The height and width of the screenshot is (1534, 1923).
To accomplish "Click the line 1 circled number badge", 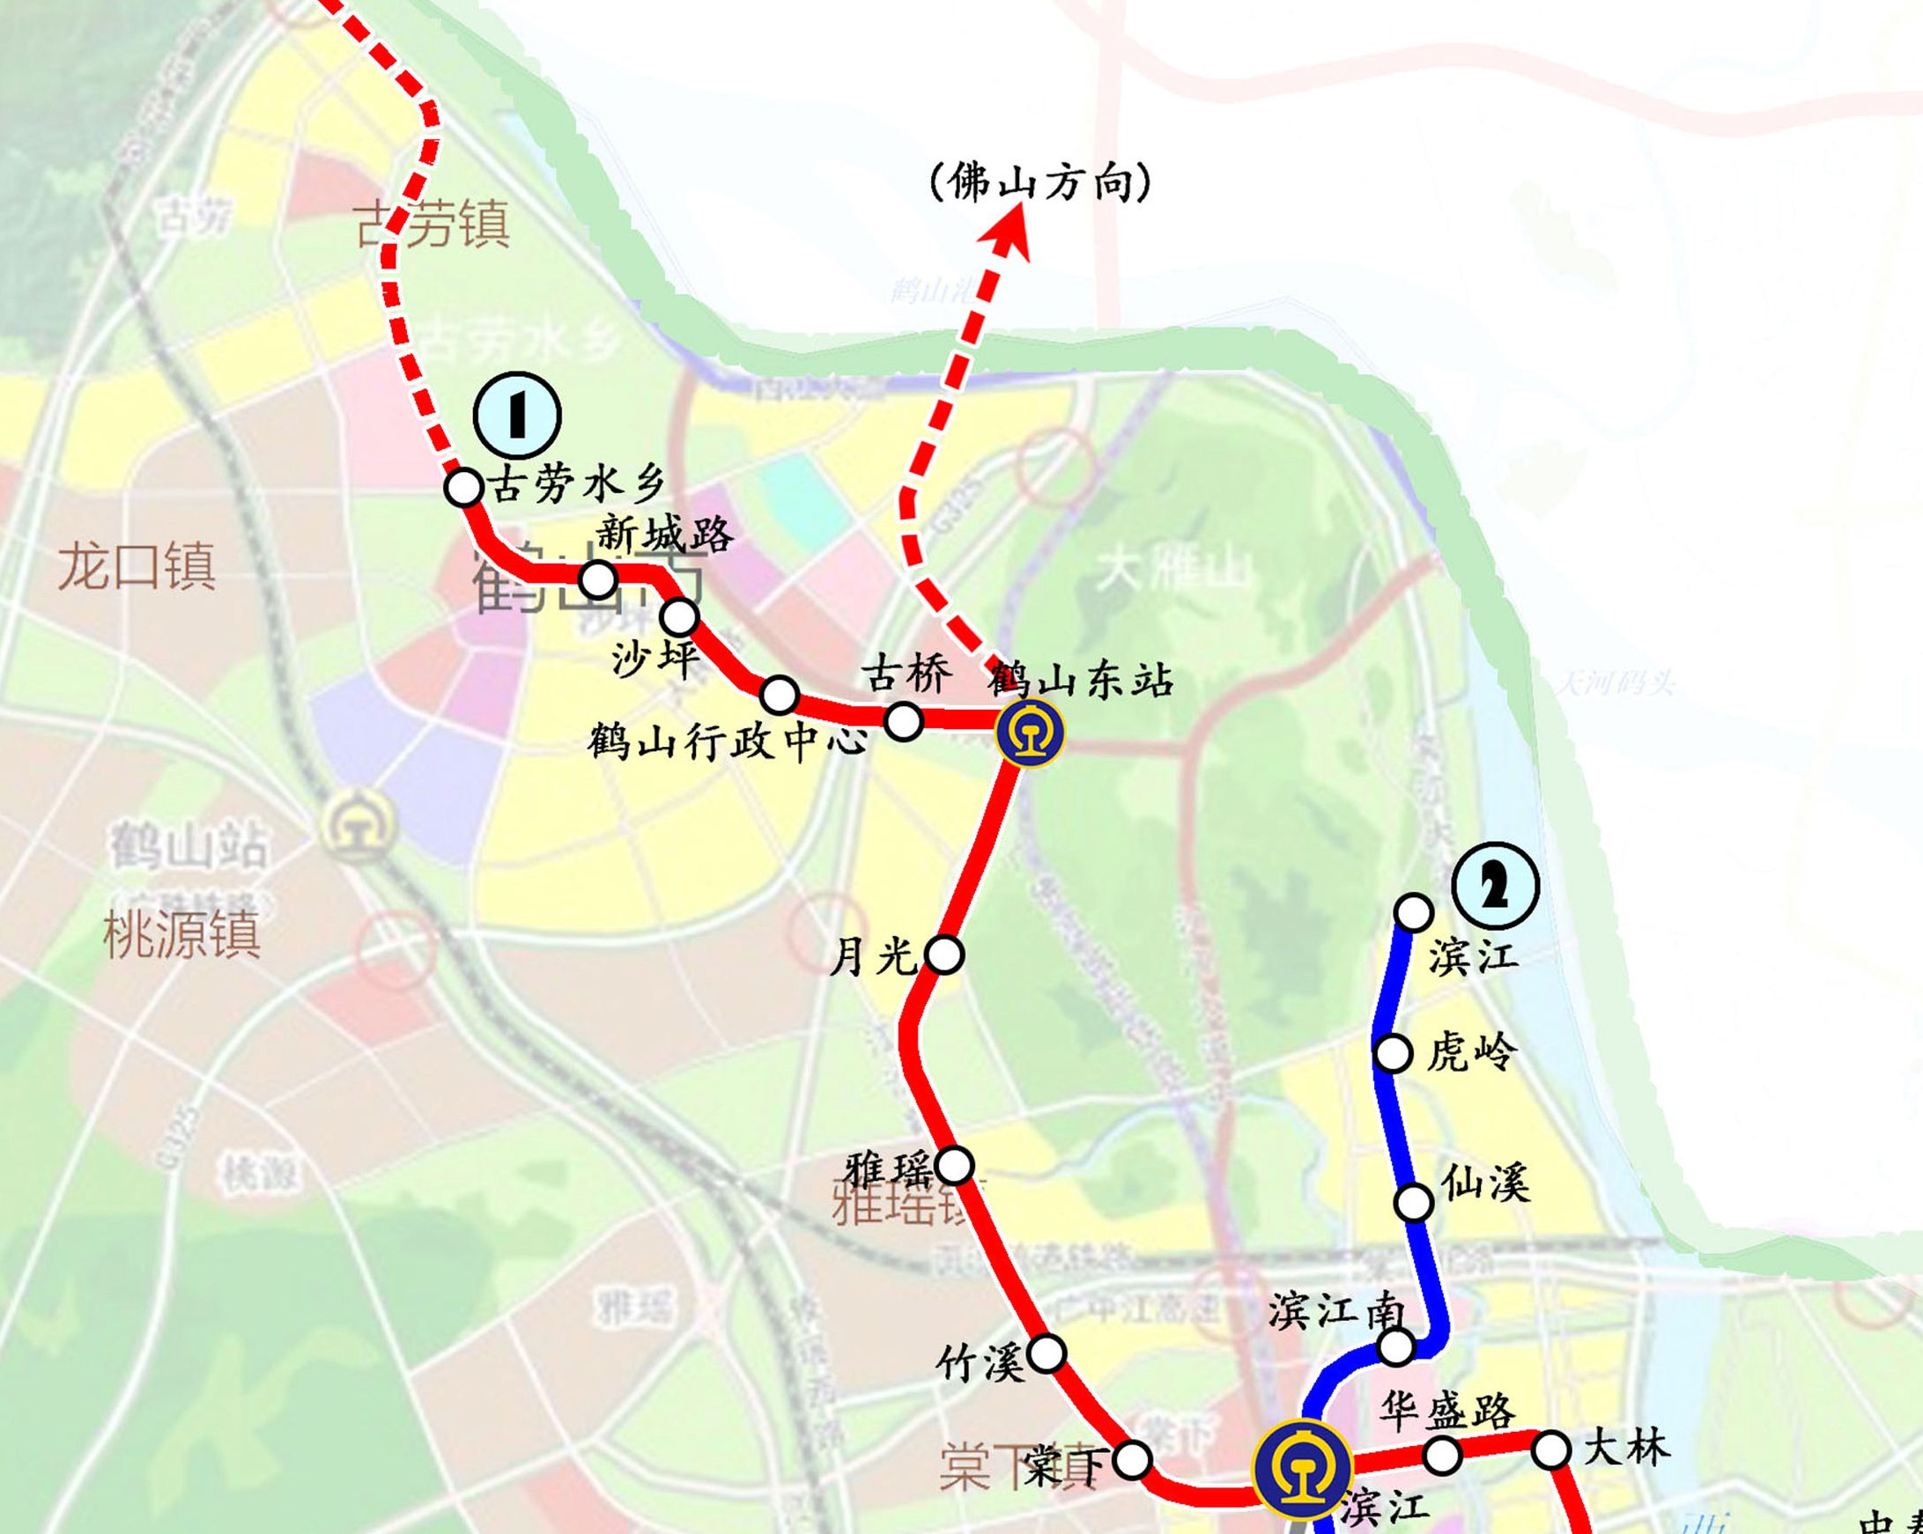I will (517, 416).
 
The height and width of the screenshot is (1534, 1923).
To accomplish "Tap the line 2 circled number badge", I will (1495, 886).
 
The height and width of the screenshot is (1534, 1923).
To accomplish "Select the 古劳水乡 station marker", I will (464, 488).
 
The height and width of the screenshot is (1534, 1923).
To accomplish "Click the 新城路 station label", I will (664, 535).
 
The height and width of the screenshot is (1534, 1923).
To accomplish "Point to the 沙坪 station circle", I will (680, 616).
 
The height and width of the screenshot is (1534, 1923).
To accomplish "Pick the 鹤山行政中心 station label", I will (727, 741).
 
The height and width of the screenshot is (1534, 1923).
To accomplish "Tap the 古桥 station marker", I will (903, 720).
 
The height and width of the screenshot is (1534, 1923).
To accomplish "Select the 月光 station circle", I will (944, 955).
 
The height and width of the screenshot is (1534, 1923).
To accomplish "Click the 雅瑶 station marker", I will (954, 1165).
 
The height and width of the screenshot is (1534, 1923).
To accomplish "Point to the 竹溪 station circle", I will (1047, 1353).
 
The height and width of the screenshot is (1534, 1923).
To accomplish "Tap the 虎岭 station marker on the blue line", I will (1394, 1053).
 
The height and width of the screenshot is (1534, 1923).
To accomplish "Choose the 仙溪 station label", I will (1486, 1184).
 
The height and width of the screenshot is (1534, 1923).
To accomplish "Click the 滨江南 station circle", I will (1396, 1346).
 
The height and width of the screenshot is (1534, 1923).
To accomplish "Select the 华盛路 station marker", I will (1442, 1456).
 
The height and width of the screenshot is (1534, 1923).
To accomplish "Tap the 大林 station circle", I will (1551, 1450).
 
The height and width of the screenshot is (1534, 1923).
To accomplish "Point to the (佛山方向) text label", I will (1040, 183).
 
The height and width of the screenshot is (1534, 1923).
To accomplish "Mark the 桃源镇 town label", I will (182, 933).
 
